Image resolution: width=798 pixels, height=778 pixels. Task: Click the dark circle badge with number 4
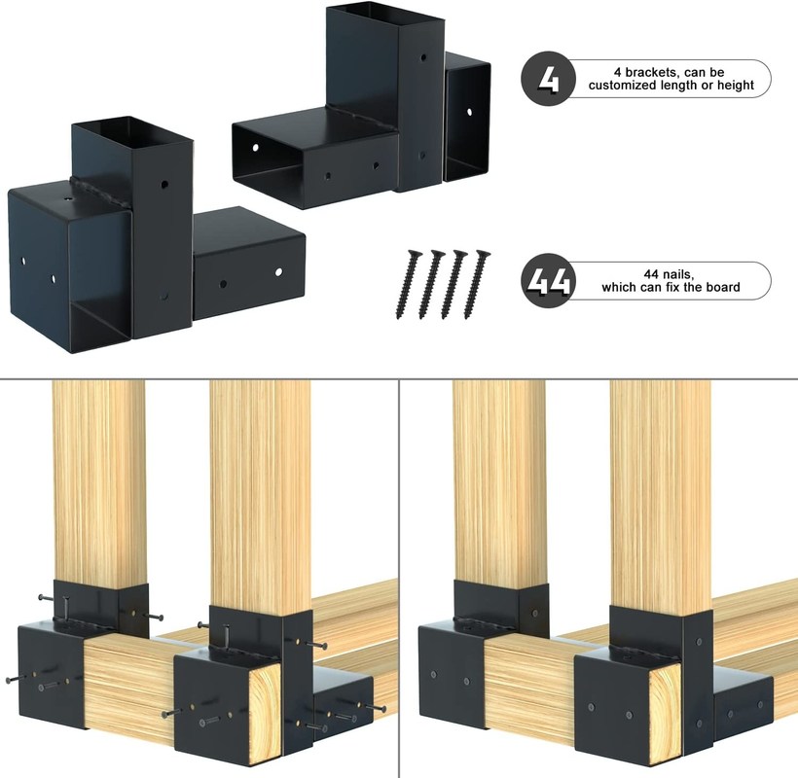(x=548, y=79)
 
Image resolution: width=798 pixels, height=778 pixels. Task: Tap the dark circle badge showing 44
(x=548, y=280)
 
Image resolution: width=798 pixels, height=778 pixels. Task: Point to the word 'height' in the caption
(x=736, y=86)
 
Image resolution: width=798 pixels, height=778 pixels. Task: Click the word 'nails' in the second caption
(x=678, y=274)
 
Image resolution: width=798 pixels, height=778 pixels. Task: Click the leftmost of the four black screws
(x=408, y=284)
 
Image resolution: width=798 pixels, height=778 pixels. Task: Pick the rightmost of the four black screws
(x=477, y=284)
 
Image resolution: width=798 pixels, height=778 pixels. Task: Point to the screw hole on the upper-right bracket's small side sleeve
(x=469, y=112)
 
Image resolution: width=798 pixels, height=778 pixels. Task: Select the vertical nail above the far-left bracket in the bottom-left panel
(x=65, y=607)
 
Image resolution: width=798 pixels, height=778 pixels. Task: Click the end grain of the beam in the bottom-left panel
(x=267, y=712)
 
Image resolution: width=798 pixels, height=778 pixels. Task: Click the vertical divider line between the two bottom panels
(x=398, y=579)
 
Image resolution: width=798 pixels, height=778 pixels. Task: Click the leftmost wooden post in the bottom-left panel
(x=98, y=482)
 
